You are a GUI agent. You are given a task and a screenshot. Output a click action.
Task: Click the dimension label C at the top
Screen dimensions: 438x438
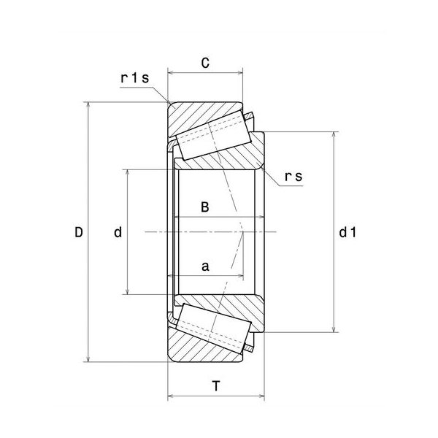coord(205,63)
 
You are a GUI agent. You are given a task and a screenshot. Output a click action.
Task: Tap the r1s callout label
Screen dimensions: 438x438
coord(135,78)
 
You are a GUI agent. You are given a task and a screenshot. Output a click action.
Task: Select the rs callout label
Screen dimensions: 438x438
coord(293,177)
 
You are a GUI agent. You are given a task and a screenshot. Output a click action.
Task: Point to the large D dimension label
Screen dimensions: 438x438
coord(79,232)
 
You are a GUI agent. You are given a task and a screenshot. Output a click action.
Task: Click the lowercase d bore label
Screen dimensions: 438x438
coord(118,232)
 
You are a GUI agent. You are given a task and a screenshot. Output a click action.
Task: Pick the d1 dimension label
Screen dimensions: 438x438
coord(347,232)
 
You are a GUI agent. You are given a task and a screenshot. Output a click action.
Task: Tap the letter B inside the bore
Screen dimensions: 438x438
coord(205,207)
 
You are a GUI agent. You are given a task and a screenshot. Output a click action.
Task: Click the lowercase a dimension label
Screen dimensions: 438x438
coord(205,266)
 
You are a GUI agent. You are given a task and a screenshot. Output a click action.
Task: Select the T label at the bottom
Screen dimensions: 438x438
coord(216,386)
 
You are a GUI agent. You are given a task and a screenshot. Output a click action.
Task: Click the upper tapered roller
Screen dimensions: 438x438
coord(213,135)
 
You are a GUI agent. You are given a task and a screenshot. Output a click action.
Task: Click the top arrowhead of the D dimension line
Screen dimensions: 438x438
coord(88,104)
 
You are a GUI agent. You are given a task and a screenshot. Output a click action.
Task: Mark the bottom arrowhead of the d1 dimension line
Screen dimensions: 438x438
coord(334,330)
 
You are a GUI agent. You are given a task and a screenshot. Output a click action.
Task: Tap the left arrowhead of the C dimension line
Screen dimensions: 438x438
coord(170,73)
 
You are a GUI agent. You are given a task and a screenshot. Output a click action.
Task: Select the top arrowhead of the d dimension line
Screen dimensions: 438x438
coord(127,172)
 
